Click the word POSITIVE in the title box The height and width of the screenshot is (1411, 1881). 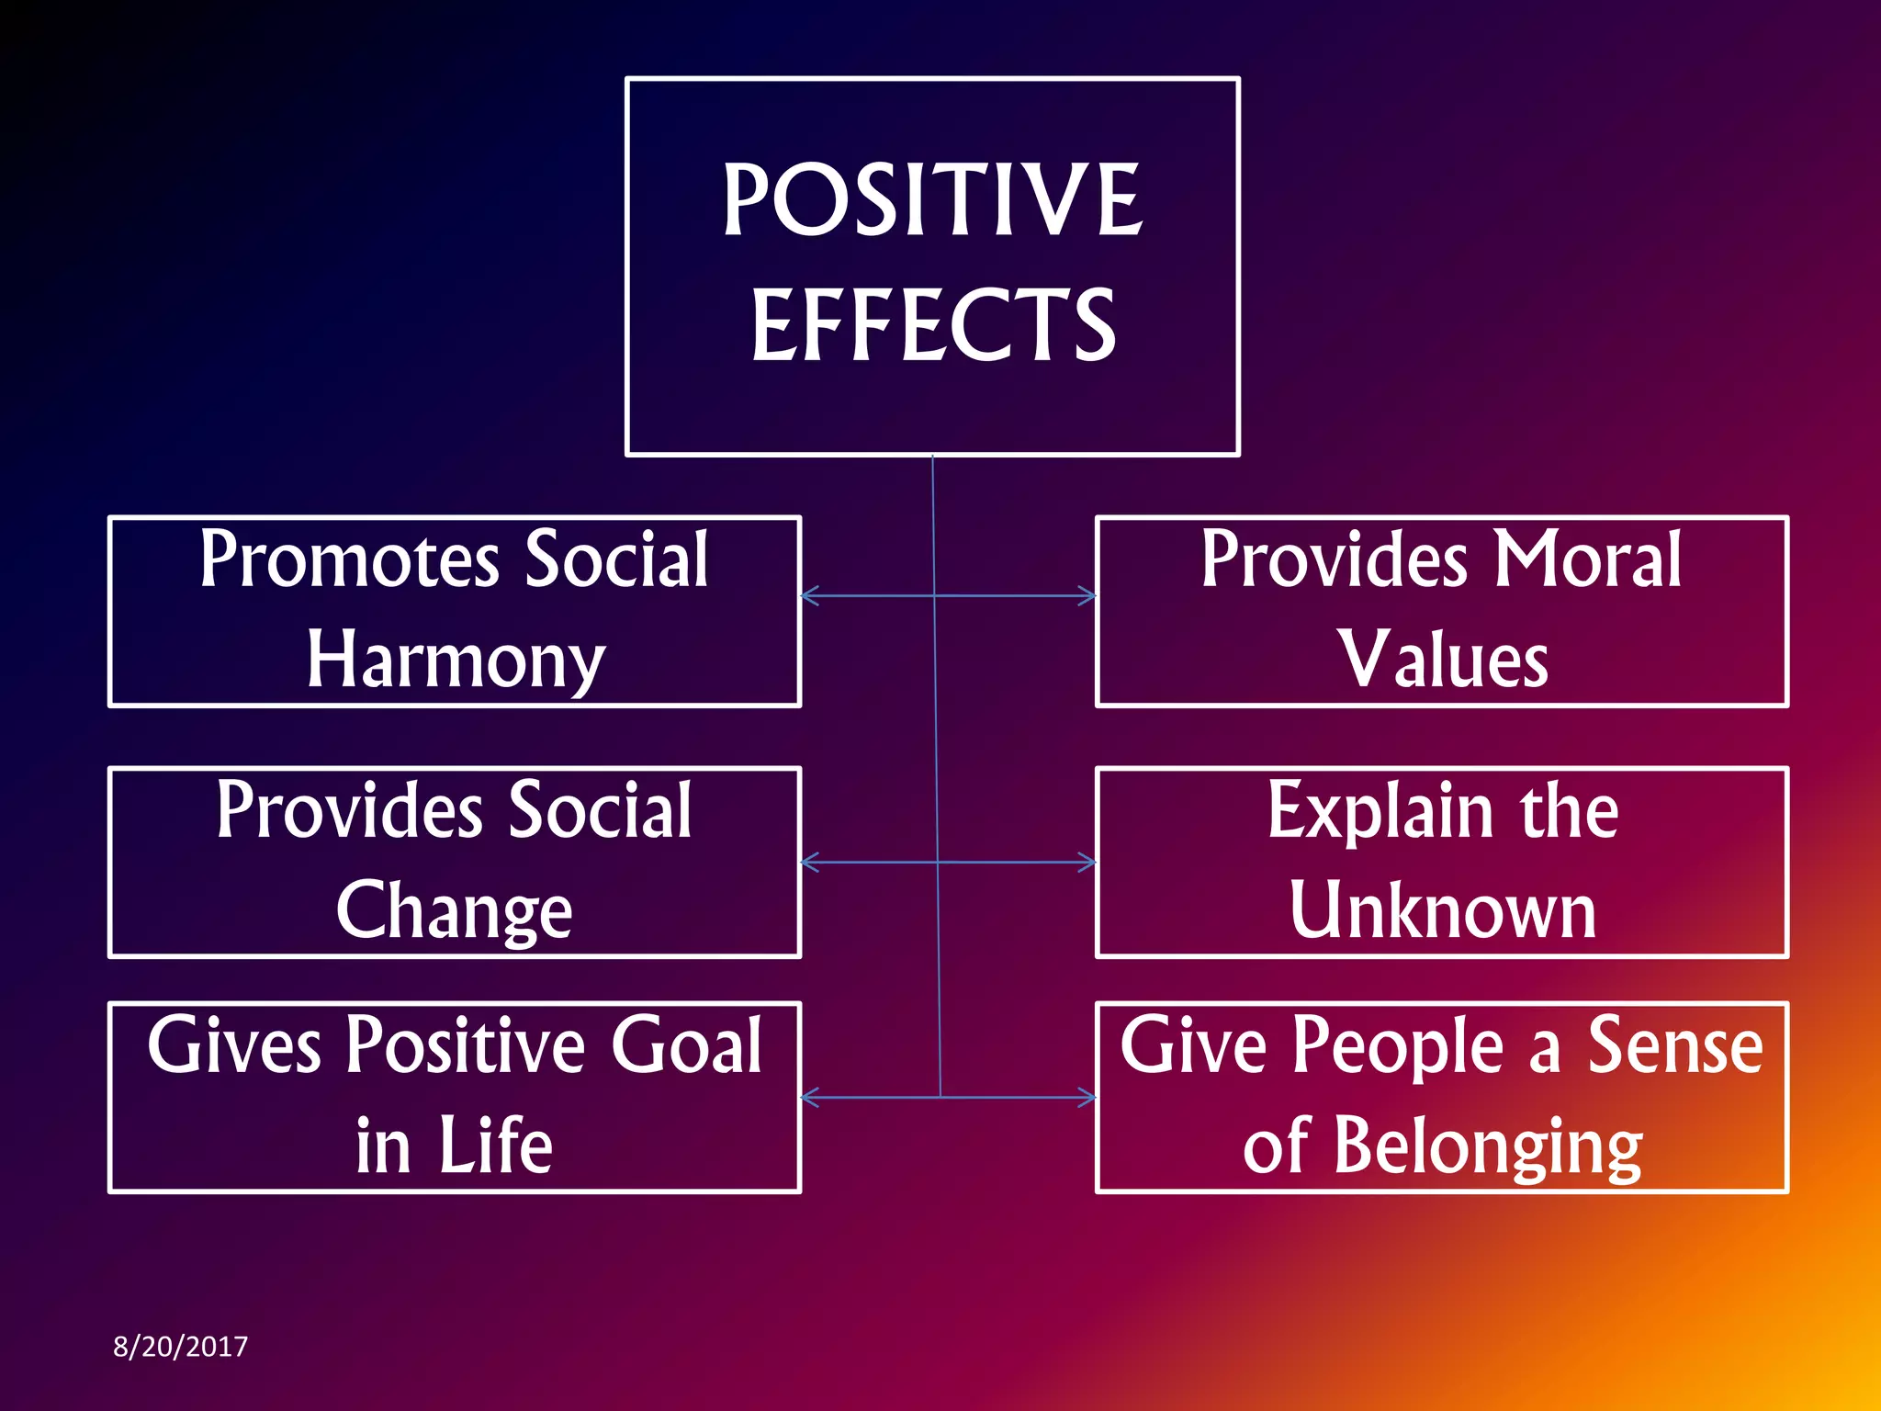tap(931, 199)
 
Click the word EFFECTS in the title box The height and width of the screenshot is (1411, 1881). tap(933, 324)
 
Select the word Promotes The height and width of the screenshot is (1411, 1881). tap(350, 559)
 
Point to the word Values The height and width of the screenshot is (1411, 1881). tap(1443, 660)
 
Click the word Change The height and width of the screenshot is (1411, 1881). tap(454, 911)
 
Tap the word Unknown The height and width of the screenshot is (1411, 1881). tap(1443, 910)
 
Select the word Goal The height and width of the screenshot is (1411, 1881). tap(686, 1045)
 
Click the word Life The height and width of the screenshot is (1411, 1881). tap(495, 1146)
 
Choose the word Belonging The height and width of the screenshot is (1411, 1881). tap(1487, 1146)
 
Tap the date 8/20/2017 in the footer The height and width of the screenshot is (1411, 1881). tap(180, 1347)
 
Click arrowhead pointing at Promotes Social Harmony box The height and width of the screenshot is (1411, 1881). tap(808, 596)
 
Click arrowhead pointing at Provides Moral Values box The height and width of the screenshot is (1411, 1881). tap(1088, 596)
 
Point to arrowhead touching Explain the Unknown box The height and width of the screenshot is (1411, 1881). tap(1088, 863)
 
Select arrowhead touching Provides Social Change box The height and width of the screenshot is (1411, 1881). tap(808, 863)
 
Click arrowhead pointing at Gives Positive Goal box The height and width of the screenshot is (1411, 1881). tap(808, 1097)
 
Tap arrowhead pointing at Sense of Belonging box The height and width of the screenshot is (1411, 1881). tap(1088, 1097)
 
